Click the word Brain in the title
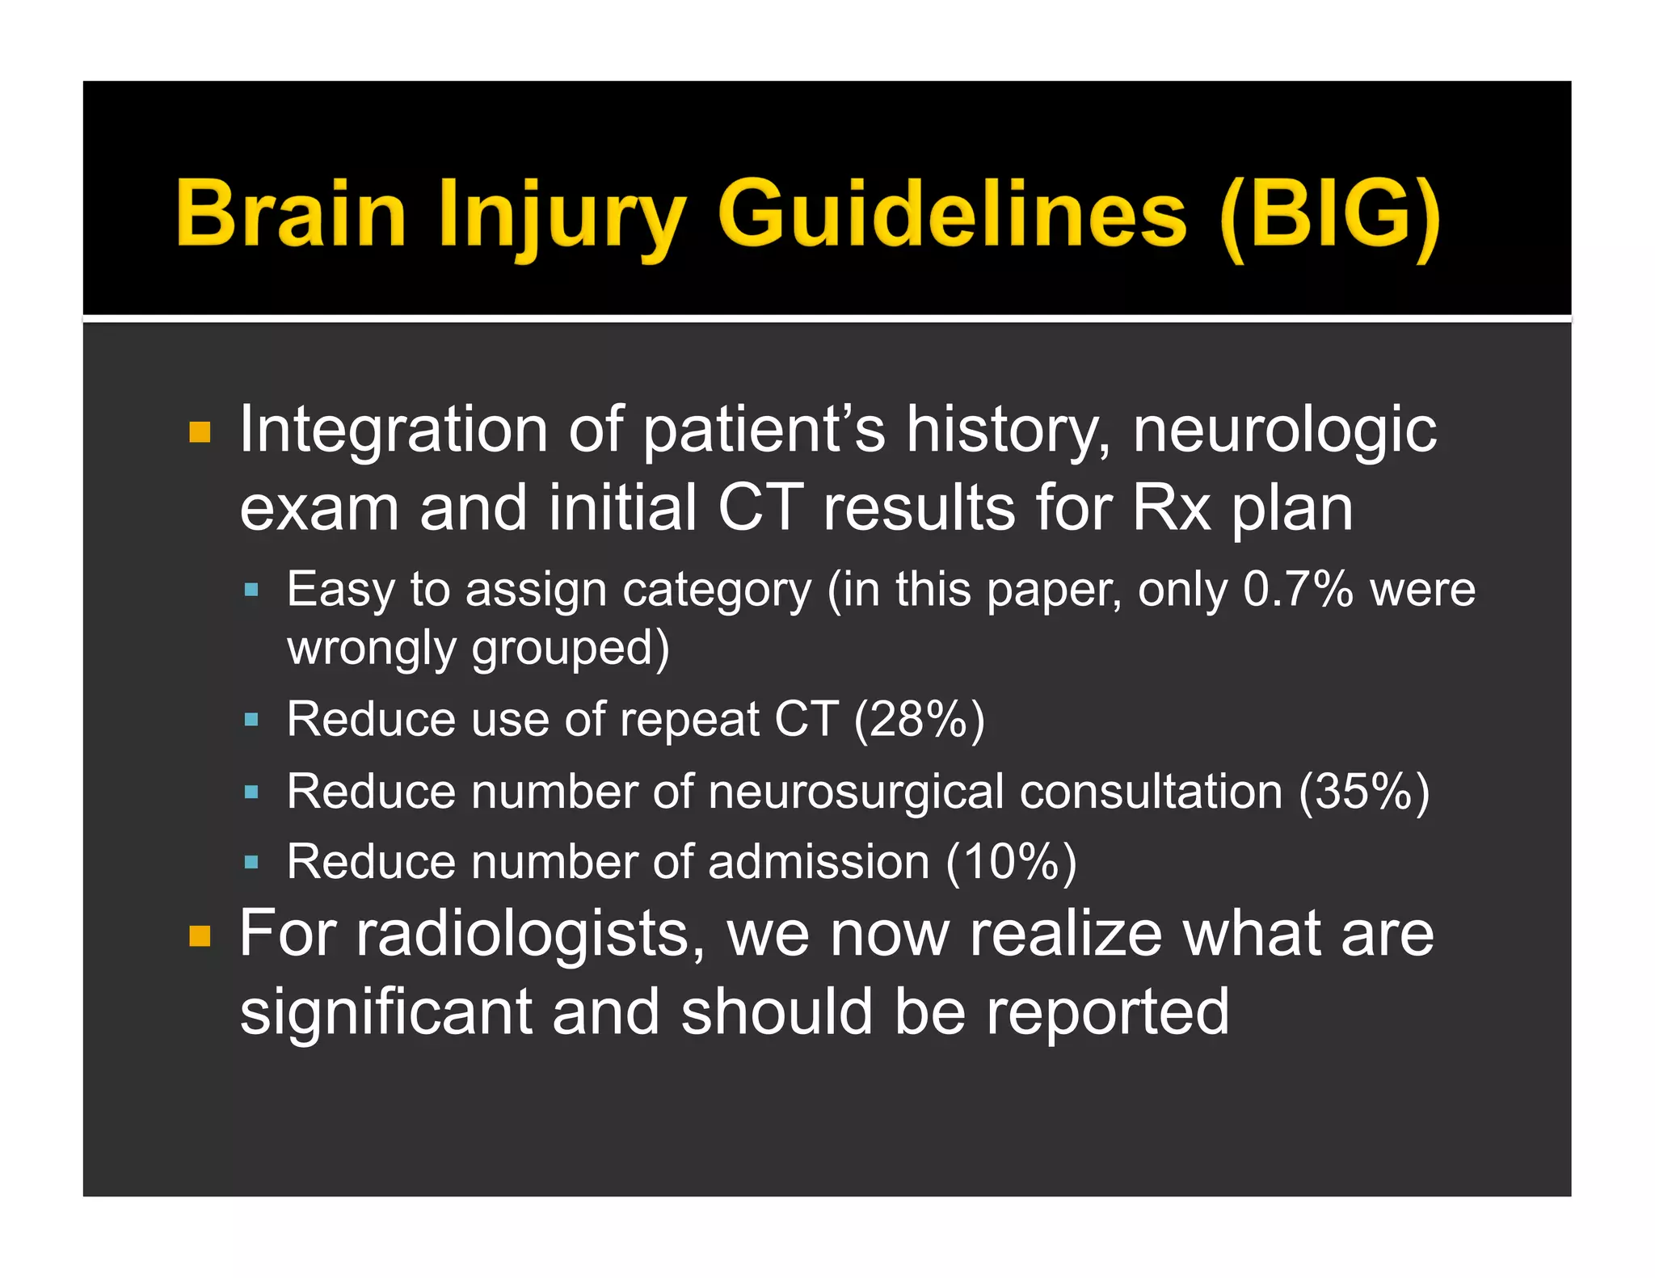(291, 213)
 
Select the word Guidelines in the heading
(952, 213)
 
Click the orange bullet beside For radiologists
(200, 936)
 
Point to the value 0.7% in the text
(1297, 589)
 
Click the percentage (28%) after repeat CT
(920, 719)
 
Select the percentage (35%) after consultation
(1364, 791)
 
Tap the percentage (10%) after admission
(1011, 862)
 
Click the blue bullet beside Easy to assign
(251, 591)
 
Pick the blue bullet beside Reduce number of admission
(251, 863)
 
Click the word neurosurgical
(856, 791)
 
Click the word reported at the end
(1108, 1013)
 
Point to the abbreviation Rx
(1171, 508)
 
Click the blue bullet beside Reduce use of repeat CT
(251, 719)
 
